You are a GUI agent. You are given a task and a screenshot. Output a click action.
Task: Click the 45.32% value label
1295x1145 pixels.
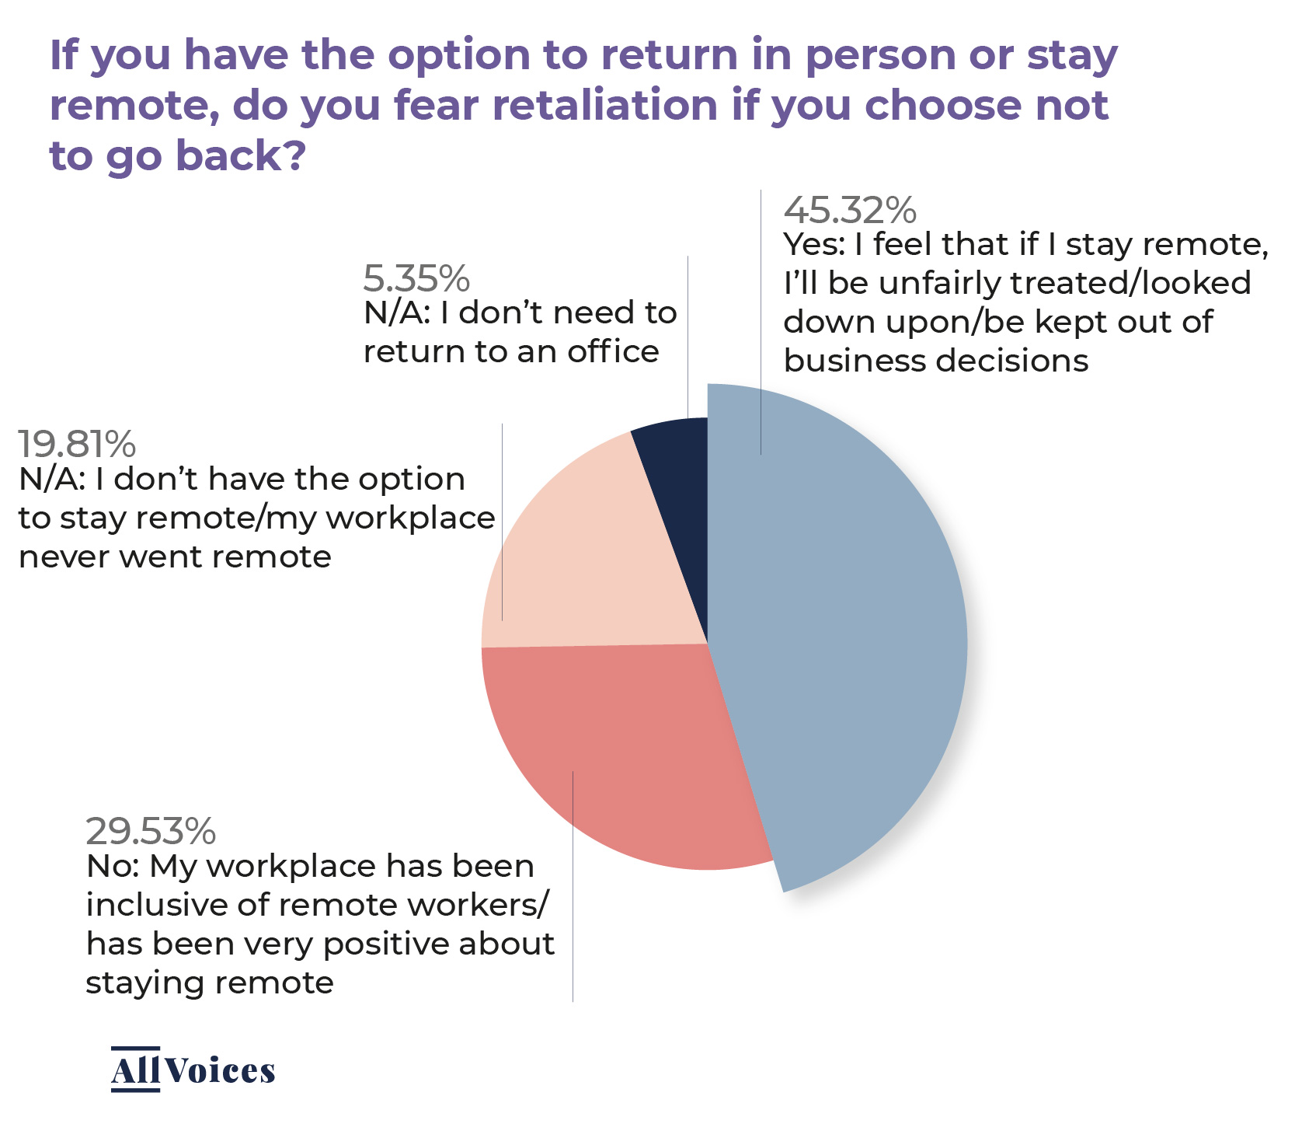point(850,210)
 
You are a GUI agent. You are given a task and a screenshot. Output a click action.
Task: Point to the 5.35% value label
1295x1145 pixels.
point(416,278)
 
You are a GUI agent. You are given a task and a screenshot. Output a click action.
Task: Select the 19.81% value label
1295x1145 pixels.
point(77,444)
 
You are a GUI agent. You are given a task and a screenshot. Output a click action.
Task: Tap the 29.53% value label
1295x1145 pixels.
point(151,831)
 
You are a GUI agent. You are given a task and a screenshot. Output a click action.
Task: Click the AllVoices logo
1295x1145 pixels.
point(193,1070)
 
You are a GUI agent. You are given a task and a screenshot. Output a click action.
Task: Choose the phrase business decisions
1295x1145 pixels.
point(936,361)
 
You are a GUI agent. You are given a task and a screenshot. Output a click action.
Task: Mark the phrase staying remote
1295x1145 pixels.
point(210,983)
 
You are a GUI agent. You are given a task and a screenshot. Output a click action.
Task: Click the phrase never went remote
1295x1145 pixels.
point(175,557)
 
